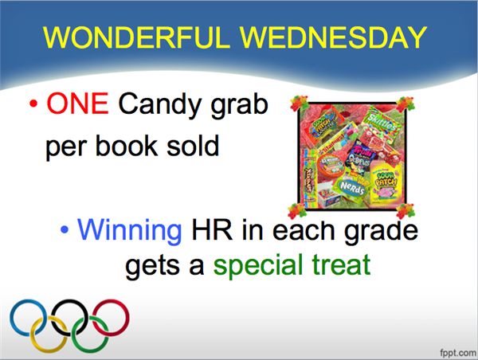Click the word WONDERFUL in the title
coord(136,37)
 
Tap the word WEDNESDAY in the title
coord(333,37)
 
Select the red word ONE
coord(77,104)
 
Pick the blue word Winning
coord(130,232)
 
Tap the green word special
coord(258,265)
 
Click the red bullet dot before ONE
coord(33,104)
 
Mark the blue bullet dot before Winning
coord(65,229)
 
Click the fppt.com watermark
coord(458,353)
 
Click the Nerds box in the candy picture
coord(352,187)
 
